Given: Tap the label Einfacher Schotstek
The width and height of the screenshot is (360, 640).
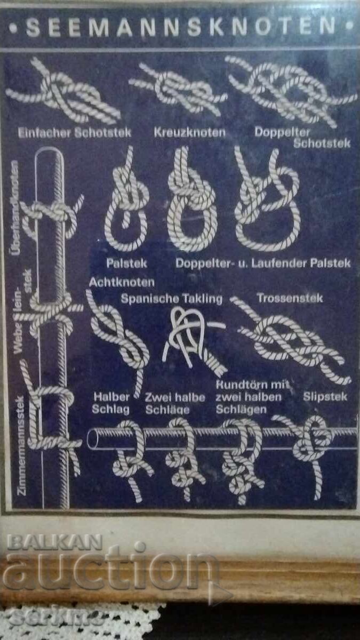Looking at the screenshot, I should [x=75, y=132].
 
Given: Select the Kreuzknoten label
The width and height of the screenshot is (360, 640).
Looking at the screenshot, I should [x=189, y=132].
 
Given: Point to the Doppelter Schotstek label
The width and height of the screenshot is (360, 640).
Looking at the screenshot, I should [x=302, y=137].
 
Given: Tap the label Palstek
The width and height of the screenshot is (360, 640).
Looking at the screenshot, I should [x=127, y=263].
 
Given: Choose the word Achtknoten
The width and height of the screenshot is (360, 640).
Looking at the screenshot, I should [x=122, y=282].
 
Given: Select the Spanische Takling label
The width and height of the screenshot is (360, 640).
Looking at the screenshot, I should [x=171, y=299].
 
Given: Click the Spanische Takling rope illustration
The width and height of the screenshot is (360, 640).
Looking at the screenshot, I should [x=192, y=339].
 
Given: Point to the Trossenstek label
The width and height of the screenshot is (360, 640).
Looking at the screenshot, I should [x=290, y=298].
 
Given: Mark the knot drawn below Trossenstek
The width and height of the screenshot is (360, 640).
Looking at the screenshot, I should [x=291, y=341].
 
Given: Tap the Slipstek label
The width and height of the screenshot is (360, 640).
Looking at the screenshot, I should [x=325, y=396].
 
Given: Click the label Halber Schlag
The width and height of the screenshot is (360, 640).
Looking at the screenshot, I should [x=111, y=403].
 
